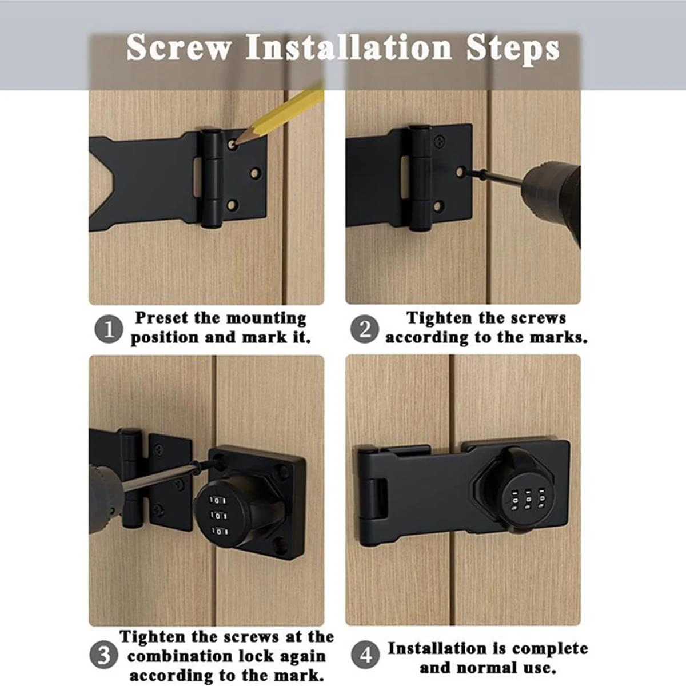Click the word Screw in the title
click(179, 47)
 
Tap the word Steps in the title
click(513, 50)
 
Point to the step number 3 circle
click(103, 655)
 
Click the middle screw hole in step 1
click(255, 173)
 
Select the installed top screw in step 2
click(440, 142)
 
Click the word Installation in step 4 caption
click(436, 649)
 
